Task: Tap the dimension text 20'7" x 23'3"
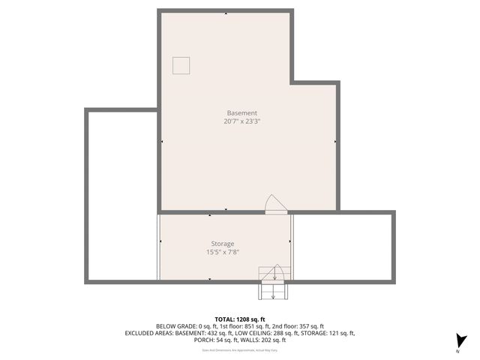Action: click(241, 121)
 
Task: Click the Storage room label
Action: click(222, 244)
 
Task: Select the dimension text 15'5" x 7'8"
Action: click(222, 252)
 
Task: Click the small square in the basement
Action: click(181, 66)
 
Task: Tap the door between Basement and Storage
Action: click(275, 204)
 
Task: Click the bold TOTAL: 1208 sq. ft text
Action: click(240, 318)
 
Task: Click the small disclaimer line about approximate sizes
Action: click(240, 349)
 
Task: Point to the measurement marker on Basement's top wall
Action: click(226, 13)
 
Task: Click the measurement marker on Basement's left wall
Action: click(163, 140)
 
